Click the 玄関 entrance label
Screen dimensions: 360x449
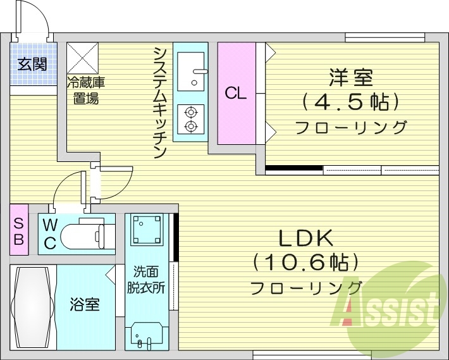point(30,64)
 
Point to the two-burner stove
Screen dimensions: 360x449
point(190,119)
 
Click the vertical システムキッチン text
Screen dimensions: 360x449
point(160,101)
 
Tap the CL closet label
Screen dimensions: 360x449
point(236,94)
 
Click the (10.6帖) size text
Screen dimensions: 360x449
point(306,261)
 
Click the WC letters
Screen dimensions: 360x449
point(50,233)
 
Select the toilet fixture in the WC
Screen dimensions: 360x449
point(89,235)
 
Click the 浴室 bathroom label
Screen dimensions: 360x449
point(84,305)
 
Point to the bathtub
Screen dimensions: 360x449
point(34,307)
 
